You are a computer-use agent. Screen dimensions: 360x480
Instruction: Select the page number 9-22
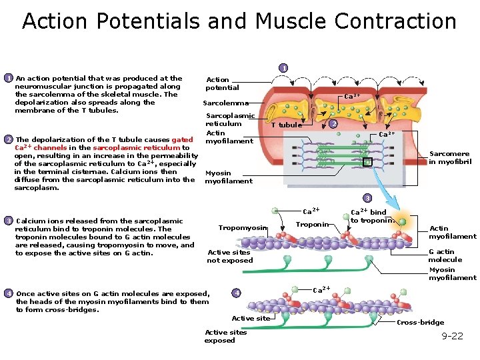point(452,336)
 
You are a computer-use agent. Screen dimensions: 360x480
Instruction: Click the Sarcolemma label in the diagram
point(226,103)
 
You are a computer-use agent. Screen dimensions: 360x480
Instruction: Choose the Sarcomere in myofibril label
point(450,157)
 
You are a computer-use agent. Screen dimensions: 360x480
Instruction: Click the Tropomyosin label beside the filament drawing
point(243,228)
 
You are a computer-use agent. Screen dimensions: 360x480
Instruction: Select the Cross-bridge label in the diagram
point(420,323)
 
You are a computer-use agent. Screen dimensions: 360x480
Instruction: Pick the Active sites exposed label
point(225,337)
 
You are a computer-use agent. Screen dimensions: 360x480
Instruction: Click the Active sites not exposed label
point(230,257)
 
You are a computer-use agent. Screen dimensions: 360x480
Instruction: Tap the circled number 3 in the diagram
point(366,198)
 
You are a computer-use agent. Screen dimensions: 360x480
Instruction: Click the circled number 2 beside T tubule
point(334,124)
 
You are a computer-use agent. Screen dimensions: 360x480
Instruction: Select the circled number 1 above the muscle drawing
point(283,68)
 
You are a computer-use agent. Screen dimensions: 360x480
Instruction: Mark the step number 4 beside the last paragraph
point(8,293)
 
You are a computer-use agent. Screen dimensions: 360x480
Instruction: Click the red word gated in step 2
point(182,140)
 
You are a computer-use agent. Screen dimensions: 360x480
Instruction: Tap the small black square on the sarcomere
point(367,161)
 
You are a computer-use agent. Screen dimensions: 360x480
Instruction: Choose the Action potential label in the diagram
point(223,83)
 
